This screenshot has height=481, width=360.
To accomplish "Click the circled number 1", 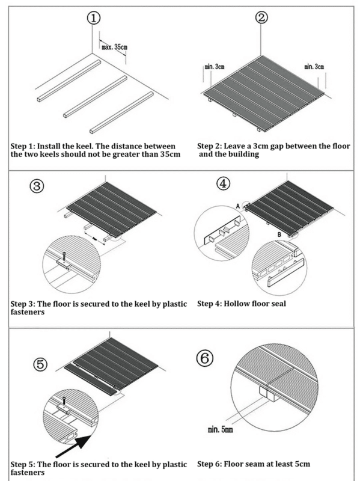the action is tap(94, 18).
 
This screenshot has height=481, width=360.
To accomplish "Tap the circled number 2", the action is tap(261, 17).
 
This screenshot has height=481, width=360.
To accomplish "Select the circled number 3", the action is tap(37, 186).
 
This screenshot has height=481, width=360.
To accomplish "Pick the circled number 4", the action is tap(223, 184).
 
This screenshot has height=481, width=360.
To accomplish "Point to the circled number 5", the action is tap(40, 365).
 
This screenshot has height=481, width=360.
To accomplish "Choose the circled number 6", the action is tap(204, 358).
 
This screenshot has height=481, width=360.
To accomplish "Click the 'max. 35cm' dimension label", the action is tap(114, 47).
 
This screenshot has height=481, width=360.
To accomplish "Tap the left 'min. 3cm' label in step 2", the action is tap(215, 67).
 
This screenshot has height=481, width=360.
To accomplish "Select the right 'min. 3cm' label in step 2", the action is tap(314, 67).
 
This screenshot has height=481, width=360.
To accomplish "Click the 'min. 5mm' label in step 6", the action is tap(220, 429).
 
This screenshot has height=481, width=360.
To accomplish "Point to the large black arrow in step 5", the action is tap(73, 446).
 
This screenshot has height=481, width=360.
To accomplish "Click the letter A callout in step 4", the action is tap(237, 207).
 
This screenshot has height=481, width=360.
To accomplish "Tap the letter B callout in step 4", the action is tap(279, 234).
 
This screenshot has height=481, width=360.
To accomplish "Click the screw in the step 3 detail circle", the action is tap(64, 256).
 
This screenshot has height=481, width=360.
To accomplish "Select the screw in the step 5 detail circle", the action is tap(64, 401).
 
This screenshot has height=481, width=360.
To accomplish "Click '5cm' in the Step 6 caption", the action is tap(302, 464).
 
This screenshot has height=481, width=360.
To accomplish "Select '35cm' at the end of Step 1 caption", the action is tap(170, 154).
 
